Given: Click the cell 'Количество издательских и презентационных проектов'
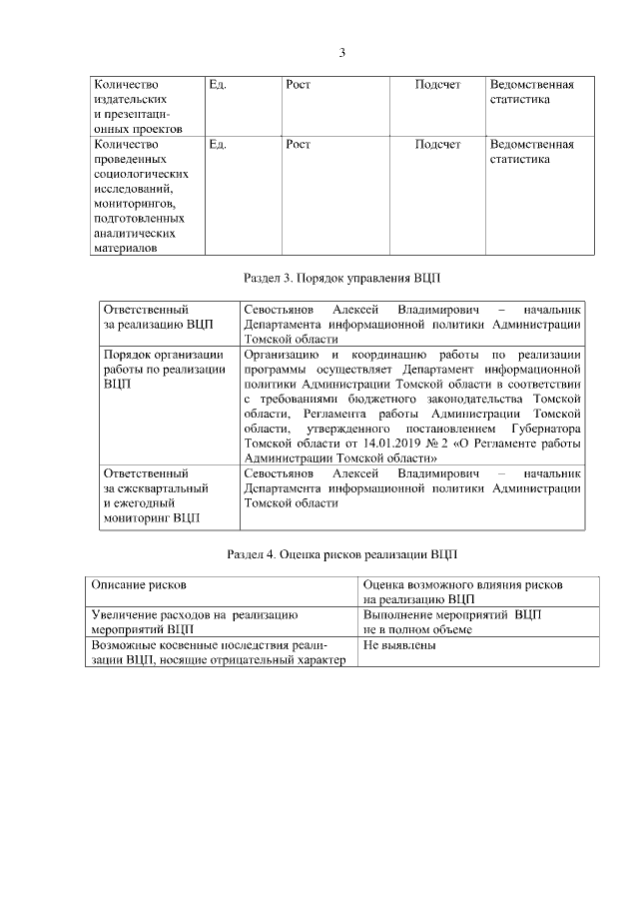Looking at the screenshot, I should (x=138, y=107).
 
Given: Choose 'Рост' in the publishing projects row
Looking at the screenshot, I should (x=298, y=85).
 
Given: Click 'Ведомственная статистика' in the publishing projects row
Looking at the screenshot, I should (x=533, y=93).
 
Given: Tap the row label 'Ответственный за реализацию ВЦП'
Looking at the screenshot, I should (x=158, y=317).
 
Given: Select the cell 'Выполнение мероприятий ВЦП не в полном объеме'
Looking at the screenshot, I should (x=452, y=622).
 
